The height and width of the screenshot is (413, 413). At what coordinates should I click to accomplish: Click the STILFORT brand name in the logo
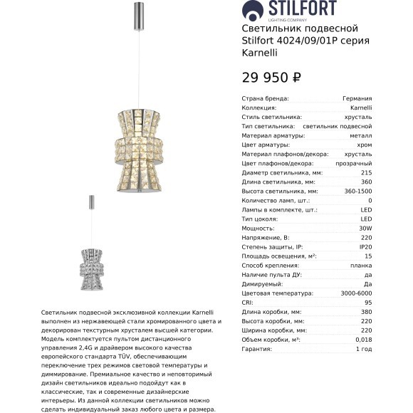[303, 9]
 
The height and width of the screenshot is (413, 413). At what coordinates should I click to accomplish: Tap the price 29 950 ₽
[272, 78]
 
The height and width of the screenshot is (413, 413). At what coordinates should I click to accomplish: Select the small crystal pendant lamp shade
[91, 261]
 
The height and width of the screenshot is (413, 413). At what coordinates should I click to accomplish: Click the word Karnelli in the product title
[260, 53]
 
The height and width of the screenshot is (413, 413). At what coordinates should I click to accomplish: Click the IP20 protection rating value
[384, 246]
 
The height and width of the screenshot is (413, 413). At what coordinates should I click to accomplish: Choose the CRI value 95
[387, 302]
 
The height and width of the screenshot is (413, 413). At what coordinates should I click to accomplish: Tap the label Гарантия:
[258, 349]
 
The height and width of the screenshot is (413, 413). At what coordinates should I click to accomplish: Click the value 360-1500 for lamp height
[375, 191]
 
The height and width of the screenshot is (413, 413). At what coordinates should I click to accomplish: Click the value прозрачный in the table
[374, 163]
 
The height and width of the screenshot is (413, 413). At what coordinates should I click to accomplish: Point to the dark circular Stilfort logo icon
[251, 10]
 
